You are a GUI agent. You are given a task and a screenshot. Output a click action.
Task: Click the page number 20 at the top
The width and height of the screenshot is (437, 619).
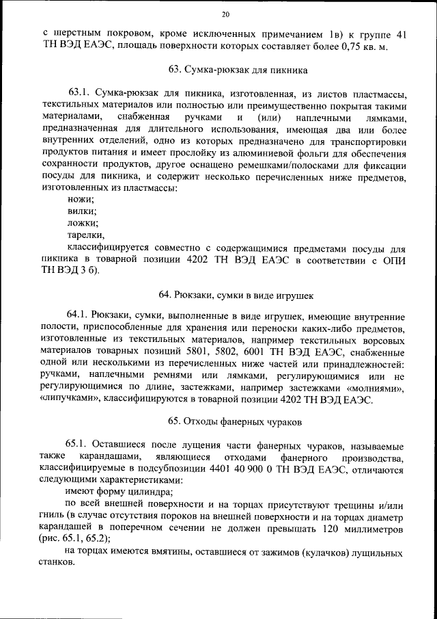tap(226, 15)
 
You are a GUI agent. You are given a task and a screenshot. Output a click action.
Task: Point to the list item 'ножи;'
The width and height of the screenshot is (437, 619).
tap(81, 198)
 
